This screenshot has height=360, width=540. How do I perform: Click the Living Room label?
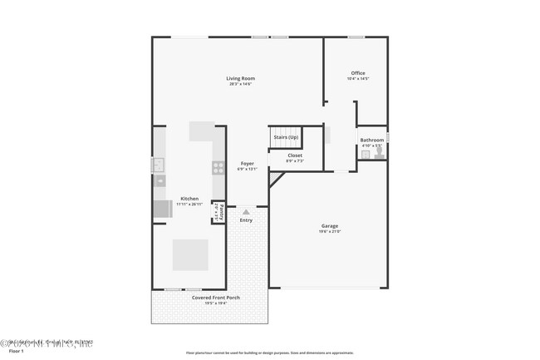241,79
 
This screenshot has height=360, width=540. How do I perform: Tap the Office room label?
357,73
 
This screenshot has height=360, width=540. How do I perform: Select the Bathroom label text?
371,140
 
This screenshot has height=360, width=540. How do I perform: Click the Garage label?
329,225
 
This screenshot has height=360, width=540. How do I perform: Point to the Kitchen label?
189,199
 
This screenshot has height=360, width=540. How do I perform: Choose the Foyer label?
247,163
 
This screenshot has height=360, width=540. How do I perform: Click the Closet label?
295,155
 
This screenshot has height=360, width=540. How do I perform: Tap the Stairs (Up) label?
286,136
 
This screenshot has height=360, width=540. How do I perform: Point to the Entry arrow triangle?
246,212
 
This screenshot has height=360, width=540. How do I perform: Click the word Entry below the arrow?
246,220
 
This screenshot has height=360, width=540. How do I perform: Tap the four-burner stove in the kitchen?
218,167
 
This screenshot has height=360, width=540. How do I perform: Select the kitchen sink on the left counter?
159,165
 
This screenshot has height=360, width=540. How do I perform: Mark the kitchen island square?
190,254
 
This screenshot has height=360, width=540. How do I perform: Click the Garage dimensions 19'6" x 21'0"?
329,231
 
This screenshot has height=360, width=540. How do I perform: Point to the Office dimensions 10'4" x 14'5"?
357,79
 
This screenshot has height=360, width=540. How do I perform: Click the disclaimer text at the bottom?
269,353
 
